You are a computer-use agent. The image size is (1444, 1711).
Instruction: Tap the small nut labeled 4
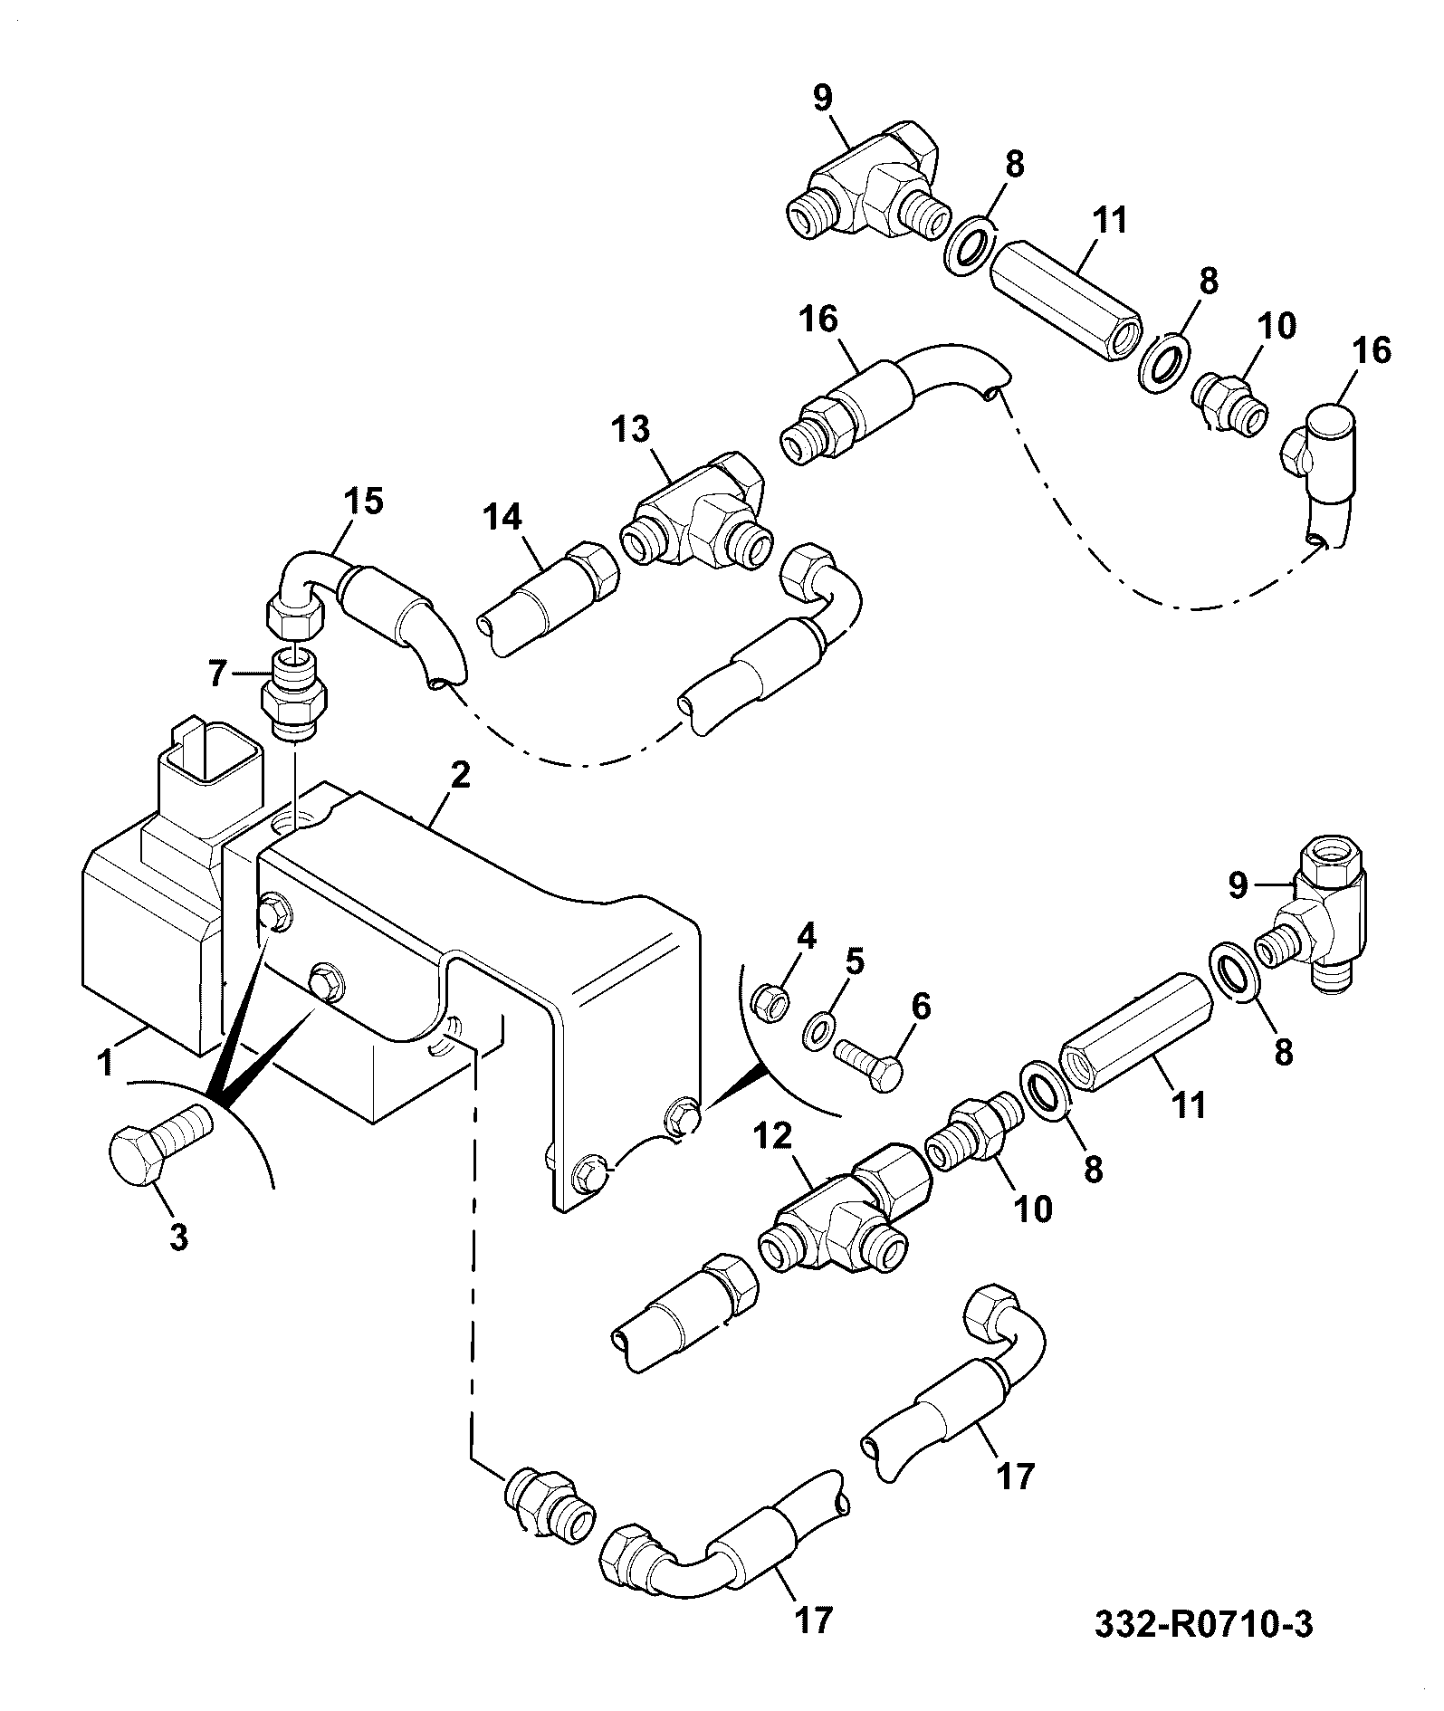tap(773, 1002)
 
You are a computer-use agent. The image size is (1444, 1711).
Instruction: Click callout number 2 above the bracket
tap(460, 776)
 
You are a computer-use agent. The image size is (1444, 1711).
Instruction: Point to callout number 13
tap(629, 430)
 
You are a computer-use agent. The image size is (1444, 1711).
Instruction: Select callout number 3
tap(178, 1236)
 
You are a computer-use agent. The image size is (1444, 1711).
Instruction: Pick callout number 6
tap(921, 1006)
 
